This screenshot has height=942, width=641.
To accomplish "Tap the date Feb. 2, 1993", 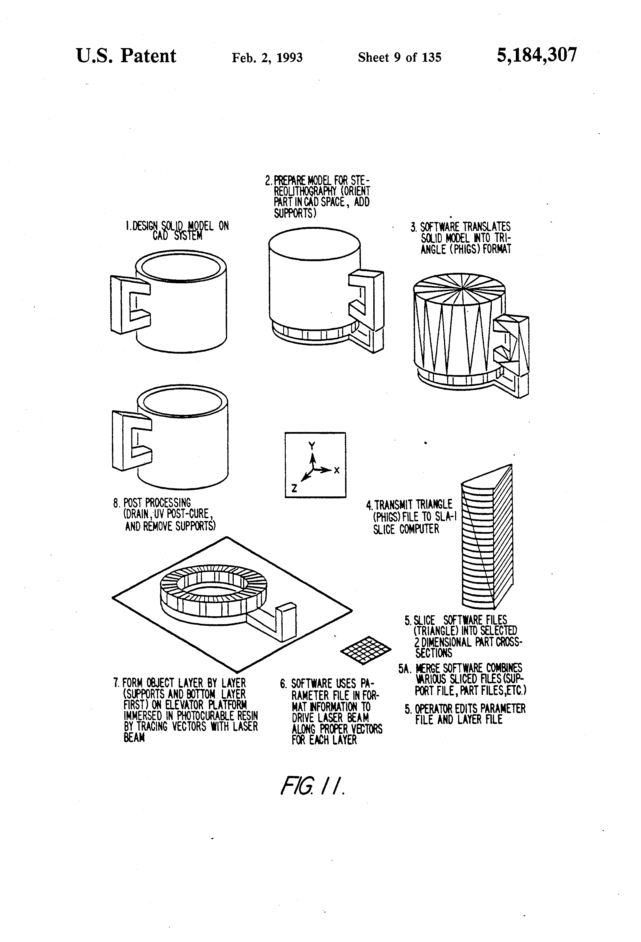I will tap(267, 57).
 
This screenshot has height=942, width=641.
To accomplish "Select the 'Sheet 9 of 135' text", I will tap(399, 57).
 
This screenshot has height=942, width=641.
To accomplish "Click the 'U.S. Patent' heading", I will tap(126, 56).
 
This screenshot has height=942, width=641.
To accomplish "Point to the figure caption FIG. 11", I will tap(312, 786).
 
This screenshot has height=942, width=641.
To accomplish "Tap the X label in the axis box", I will tap(336, 471).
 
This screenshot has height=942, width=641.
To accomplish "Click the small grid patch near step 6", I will tap(366, 650).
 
